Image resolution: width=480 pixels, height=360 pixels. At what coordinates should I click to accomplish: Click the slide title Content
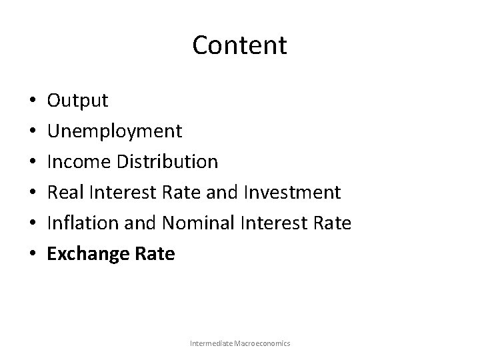pos(239,45)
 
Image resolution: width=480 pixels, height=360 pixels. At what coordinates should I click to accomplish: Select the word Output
pos(77,101)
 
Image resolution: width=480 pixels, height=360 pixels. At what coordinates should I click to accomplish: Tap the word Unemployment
pos(114,131)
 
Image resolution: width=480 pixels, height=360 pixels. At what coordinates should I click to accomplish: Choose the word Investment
pos(292,193)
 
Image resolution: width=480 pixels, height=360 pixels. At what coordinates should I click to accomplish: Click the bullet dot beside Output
pos(33,102)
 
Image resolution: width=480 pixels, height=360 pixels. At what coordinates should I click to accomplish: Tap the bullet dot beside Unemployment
pos(33,133)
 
